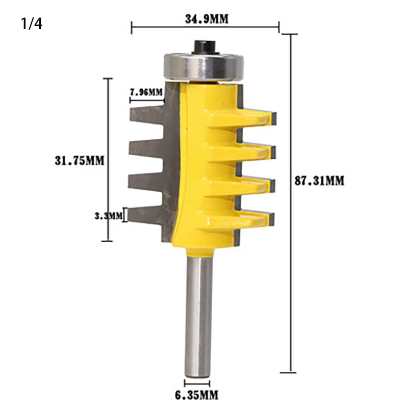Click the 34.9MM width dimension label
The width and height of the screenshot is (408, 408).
tap(207, 19)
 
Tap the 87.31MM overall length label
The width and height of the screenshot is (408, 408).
tap(319, 181)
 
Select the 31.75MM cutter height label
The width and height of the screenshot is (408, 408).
tap(80, 161)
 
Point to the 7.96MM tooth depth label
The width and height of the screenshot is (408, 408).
tap(146, 92)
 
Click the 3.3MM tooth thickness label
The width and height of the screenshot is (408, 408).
tap(108, 216)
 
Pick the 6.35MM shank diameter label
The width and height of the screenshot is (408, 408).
tap(196, 395)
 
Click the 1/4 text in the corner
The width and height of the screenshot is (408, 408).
tap(32, 23)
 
